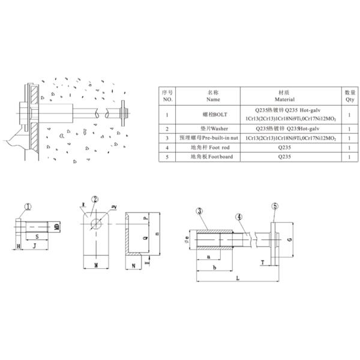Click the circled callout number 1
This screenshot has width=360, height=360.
(26, 208)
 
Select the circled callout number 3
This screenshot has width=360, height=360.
(198, 211)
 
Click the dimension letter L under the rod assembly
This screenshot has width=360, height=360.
(238, 278)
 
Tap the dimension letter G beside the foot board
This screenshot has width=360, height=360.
(290, 239)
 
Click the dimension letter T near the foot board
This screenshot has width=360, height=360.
(262, 262)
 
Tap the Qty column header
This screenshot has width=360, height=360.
(350, 96)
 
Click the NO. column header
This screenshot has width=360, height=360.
(167, 96)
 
